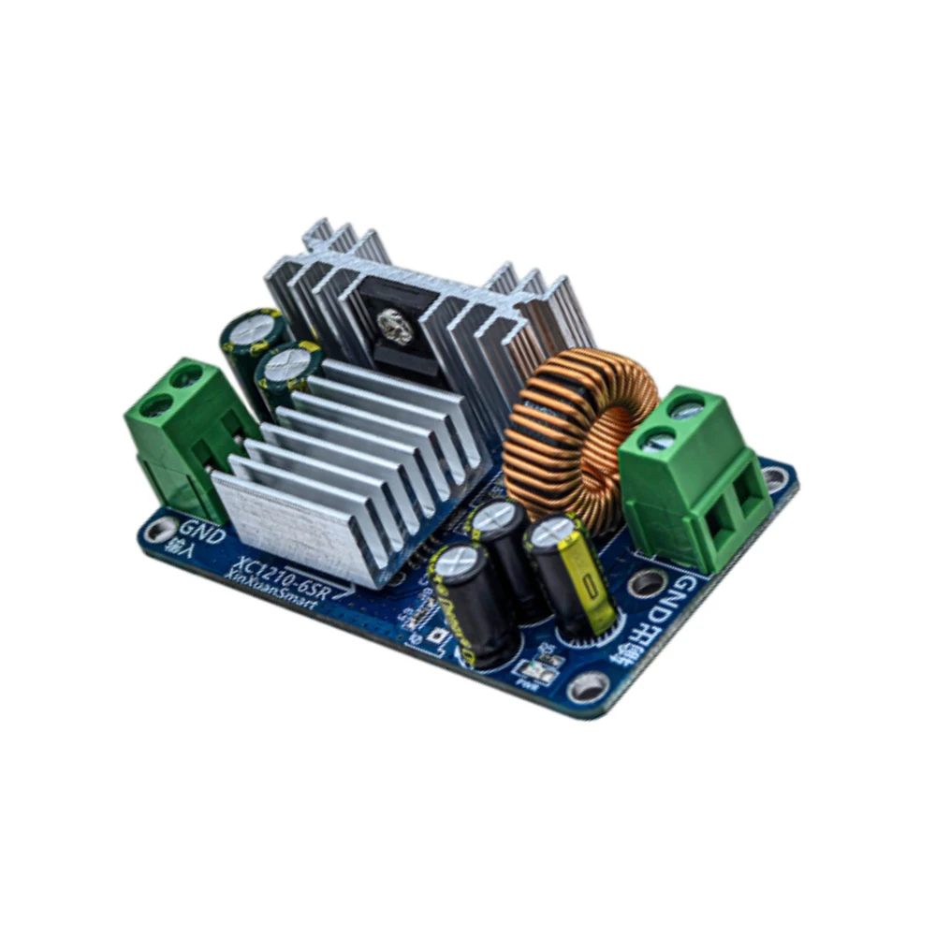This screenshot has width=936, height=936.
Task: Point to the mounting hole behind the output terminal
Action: point(775,478)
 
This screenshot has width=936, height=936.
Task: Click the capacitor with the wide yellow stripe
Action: point(572,576)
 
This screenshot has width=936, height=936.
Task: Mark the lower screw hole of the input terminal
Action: point(157,405)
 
